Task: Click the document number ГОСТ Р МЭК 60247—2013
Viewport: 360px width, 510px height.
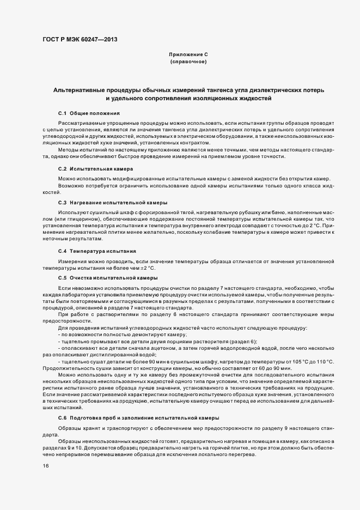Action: [x=79, y=39]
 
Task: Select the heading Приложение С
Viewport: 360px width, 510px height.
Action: [x=188, y=55]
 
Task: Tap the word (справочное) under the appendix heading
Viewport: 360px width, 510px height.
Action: [x=188, y=62]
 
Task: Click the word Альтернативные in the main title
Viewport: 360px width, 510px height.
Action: [x=84, y=89]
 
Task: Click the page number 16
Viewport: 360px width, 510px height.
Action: [x=45, y=466]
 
